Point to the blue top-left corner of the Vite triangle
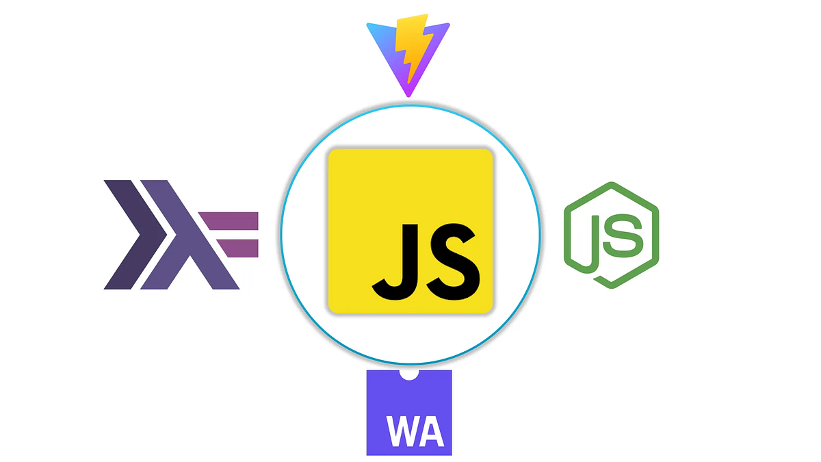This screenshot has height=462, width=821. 370,27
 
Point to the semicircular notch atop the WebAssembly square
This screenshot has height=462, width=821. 409,375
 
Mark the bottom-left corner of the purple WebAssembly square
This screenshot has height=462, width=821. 368,454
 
